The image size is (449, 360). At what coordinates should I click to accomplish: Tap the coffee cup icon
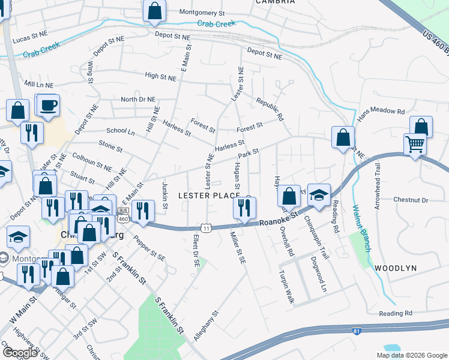tap(47, 106)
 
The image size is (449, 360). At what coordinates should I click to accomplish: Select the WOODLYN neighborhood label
tap(394, 268)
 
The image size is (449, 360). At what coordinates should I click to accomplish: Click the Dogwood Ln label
tap(318, 274)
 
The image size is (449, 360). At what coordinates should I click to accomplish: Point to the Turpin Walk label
tap(286, 287)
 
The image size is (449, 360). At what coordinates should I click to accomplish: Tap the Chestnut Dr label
tap(409, 199)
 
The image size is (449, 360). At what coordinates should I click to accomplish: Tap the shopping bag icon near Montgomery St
tap(154, 11)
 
